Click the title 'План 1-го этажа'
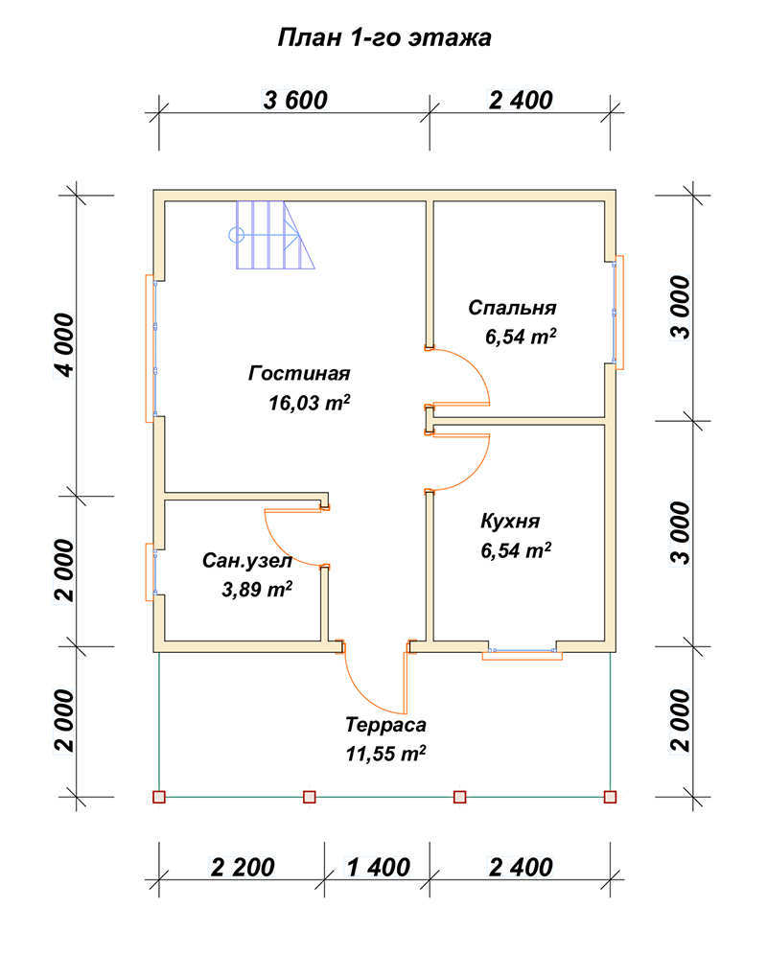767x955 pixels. coord(383,37)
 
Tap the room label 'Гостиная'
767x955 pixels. coord(299,373)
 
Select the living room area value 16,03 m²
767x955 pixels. coord(310,403)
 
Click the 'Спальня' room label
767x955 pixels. coord(512,308)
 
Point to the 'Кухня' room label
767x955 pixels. coord(510,522)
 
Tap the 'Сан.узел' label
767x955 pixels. coord(247,560)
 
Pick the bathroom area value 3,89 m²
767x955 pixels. coord(257,589)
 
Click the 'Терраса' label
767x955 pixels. coord(385,725)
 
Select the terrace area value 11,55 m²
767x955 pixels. coord(385,754)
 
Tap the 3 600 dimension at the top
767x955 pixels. coord(295,100)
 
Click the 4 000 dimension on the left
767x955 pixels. coord(64,345)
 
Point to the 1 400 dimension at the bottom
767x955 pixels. coord(379,867)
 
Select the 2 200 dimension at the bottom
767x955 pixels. coord(243,867)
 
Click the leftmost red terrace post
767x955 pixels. coord(159,797)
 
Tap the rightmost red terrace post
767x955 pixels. coord(610,797)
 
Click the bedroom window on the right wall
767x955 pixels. coord(617,313)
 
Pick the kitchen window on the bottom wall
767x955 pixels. coord(523,652)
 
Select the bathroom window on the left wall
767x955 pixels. coord(151,571)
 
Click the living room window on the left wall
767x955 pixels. coord(151,348)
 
